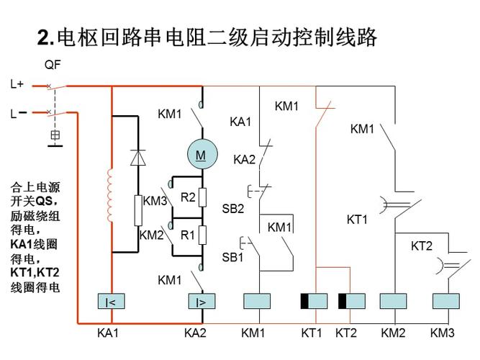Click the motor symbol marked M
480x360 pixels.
(201, 155)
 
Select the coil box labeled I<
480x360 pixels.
(111, 302)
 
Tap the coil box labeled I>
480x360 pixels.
(201, 302)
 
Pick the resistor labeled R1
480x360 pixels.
(203, 235)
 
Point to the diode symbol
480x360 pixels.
(137, 157)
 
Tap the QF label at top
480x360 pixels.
(53, 65)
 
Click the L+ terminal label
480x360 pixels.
(17, 84)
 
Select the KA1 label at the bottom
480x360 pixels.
(108, 333)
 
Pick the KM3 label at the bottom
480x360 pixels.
(443, 333)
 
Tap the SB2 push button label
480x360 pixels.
(232, 209)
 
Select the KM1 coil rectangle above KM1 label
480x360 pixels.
(256, 302)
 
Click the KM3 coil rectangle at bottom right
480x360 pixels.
(445, 302)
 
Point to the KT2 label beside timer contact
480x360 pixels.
(422, 246)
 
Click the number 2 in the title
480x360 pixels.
(42, 37)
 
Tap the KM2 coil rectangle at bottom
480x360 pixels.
(393, 302)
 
